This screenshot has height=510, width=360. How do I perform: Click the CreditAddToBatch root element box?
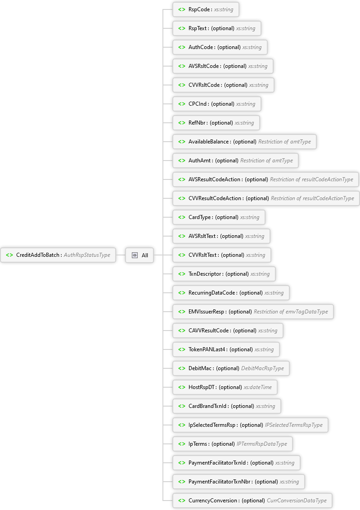(58, 255)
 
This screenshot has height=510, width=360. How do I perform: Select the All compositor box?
(139, 255)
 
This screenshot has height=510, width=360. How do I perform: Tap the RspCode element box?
(206, 9)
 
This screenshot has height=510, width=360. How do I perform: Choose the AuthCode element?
(220, 47)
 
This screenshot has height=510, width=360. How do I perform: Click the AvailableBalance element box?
(244, 142)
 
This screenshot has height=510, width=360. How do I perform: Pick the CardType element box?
(219, 217)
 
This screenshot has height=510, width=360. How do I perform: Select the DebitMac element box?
(231, 368)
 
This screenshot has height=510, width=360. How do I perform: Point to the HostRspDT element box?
(225, 387)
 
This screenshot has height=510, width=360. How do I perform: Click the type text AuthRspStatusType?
(87, 255)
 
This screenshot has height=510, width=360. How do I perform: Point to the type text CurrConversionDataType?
(297, 501)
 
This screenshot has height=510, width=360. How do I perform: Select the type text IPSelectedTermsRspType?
(294, 425)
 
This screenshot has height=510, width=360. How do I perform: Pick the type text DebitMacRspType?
(262, 368)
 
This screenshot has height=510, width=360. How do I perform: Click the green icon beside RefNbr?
(181, 123)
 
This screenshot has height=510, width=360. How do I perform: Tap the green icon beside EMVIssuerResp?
(181, 312)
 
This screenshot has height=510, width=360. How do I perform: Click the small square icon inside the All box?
(135, 255)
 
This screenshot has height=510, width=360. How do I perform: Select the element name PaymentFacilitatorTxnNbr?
(220, 482)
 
